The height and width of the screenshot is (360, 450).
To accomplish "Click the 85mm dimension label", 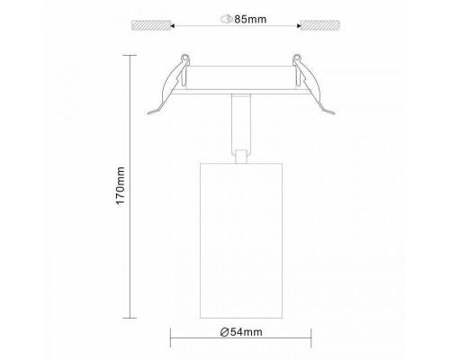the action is pyautogui.click(x=250, y=19).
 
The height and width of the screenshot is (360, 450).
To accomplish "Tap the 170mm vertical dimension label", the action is pyautogui.click(x=121, y=186).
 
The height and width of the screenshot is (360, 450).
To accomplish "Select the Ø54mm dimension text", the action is pyautogui.click(x=241, y=332).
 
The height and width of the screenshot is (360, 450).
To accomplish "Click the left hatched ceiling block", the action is pyautogui.click(x=151, y=25).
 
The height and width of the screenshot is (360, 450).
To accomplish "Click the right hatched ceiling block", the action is pyautogui.click(x=320, y=25).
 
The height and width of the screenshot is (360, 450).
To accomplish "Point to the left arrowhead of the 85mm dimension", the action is pyautogui.click(x=173, y=26).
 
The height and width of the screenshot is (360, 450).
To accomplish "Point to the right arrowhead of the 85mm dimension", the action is pyautogui.click(x=299, y=26).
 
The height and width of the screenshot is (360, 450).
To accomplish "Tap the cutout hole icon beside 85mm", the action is pyautogui.click(x=227, y=19).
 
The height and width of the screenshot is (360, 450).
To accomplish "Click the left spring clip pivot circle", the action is pyautogui.click(x=185, y=57).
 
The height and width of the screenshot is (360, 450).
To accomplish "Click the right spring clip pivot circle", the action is pyautogui.click(x=297, y=57).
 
